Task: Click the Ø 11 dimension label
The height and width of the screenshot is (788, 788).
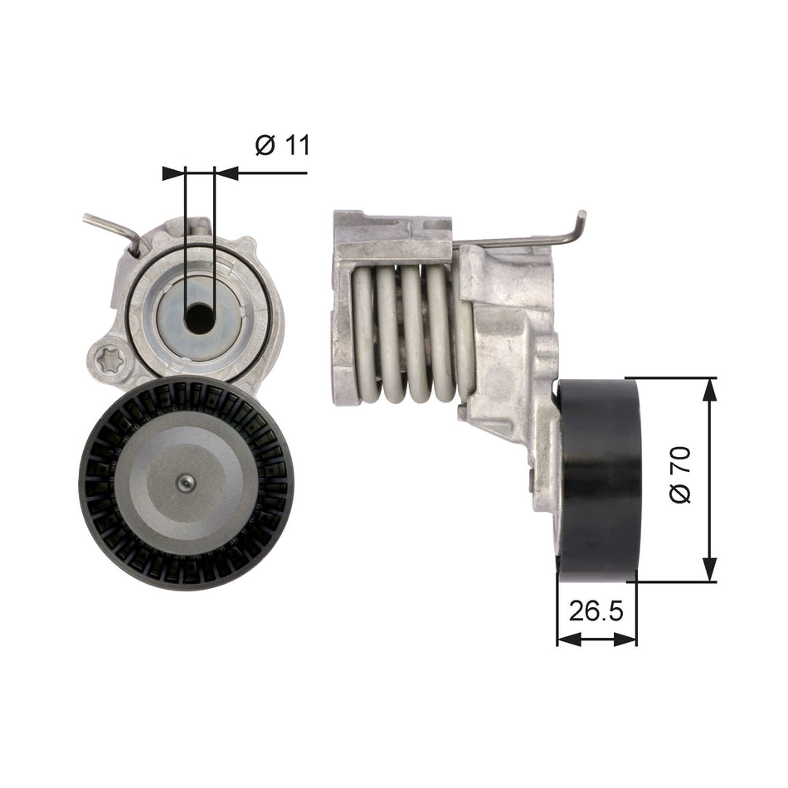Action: (x=282, y=145)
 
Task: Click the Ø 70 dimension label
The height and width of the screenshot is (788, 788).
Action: (x=679, y=479)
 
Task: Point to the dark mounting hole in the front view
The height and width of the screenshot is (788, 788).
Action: (x=199, y=316)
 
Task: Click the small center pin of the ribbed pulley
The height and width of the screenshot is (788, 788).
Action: (x=188, y=483)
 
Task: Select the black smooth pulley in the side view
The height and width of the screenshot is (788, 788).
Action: (x=600, y=479)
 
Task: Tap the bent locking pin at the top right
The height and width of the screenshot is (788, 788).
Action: (x=580, y=228)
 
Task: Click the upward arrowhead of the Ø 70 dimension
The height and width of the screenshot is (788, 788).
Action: (x=708, y=389)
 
